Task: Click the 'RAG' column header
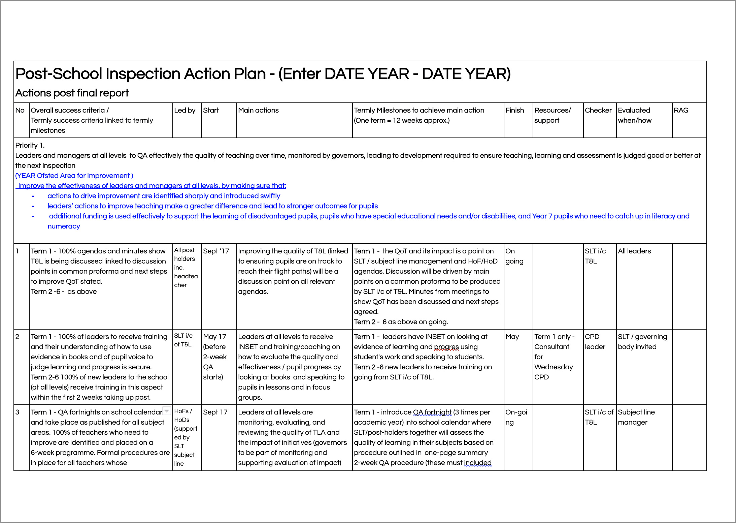coord(681,110)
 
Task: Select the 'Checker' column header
coord(598,110)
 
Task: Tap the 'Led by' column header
coord(185,110)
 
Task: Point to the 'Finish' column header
coord(514,110)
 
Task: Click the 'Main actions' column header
coord(258,110)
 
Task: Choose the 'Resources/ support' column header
coord(552,115)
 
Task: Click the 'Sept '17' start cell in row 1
coord(216,251)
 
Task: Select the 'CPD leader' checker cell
coord(595,341)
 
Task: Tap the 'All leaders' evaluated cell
coord(634,251)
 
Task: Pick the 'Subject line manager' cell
coord(636,417)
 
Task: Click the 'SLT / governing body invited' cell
coord(642,341)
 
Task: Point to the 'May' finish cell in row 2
coord(512,337)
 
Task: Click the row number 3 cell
coord(18,412)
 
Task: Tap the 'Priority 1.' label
coord(30,145)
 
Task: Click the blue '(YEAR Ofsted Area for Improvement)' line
coord(74,176)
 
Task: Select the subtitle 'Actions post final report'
coord(72,93)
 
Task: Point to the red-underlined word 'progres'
coord(446,347)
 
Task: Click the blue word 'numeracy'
coord(64,226)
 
